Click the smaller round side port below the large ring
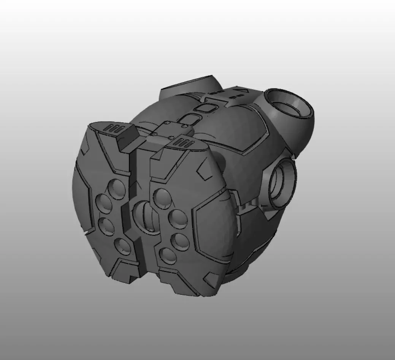coord(283,182)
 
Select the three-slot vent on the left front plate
coord(113,128)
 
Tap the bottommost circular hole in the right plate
coord(168,256)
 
